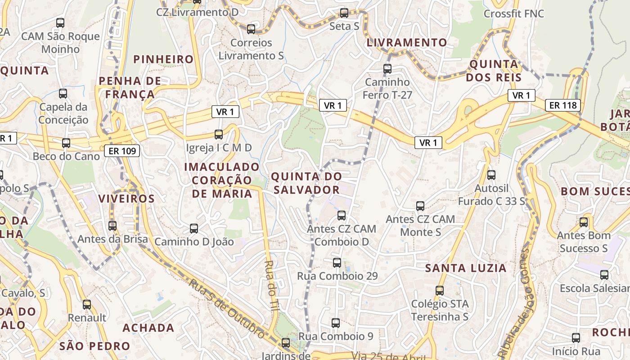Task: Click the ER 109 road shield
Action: coord(122,151)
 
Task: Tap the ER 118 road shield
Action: coord(563,105)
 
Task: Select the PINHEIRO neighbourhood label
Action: coord(163,59)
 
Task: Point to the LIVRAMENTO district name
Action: coord(407,43)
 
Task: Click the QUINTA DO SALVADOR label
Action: coord(307,183)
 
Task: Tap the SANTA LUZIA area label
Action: coord(466,268)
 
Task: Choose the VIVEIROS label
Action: coord(126,198)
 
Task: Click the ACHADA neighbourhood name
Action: coord(148,328)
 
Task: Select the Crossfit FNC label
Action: coord(513,13)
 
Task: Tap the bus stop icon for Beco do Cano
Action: coord(66,143)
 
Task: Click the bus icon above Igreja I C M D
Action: coord(219,134)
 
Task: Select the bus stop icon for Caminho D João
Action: coord(194,228)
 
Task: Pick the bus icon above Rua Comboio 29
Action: coord(337,263)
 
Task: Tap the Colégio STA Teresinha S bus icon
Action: coord(440,291)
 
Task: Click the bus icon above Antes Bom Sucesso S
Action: coord(584,222)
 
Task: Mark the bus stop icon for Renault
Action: coord(87,305)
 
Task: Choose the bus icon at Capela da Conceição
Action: coord(63,94)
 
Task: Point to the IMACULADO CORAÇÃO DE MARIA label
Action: coord(222,180)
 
